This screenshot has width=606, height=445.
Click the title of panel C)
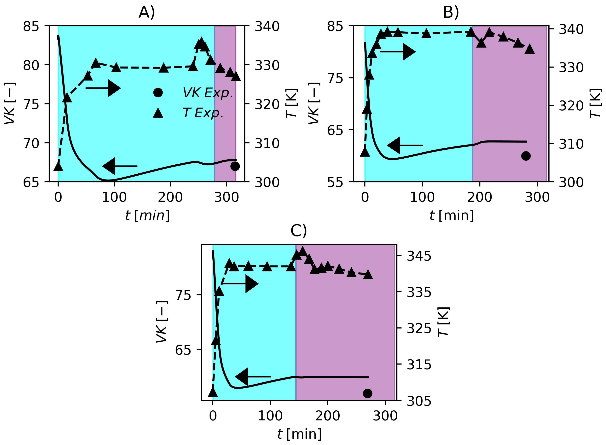pyautogui.click(x=299, y=231)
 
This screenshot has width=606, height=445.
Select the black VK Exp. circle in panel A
pyautogui.click(x=235, y=166)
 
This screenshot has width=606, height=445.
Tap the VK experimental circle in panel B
pyautogui.click(x=526, y=156)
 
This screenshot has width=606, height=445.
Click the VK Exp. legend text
pyautogui.click(x=208, y=93)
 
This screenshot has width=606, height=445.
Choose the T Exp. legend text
pyautogui.click(x=203, y=113)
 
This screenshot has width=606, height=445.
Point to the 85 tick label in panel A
pyautogui.click(x=31, y=26)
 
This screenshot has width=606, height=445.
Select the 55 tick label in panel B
pyautogui.click(x=335, y=182)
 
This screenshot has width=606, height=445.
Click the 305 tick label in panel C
pyautogui.click(x=419, y=401)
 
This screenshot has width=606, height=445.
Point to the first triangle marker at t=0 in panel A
pyautogui.click(x=58, y=167)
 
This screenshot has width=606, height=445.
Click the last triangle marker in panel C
pyautogui.click(x=368, y=275)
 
